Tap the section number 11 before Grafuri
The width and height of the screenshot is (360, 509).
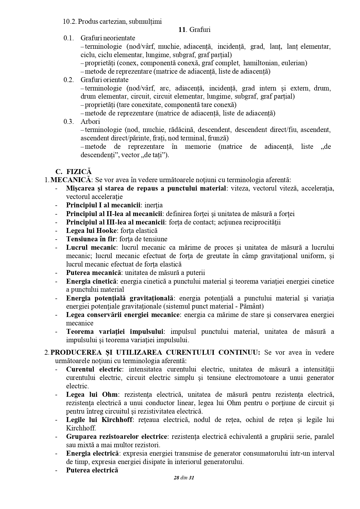[182, 30]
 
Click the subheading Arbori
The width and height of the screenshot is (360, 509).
[90, 122]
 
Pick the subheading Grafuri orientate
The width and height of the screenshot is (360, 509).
[104, 80]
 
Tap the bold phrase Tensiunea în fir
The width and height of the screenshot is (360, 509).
[91, 239]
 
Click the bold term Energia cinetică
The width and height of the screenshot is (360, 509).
[91, 281]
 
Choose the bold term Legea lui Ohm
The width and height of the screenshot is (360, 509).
[92, 394]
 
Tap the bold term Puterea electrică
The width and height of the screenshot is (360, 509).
[92, 470]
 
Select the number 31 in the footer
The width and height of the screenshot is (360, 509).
[191, 478]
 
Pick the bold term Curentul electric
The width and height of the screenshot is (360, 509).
[94, 369]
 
